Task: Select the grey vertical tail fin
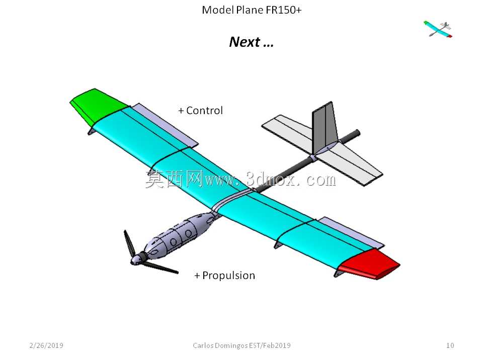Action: point(325,127)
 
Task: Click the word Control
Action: point(204,111)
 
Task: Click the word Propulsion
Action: point(228,276)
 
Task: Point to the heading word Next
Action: point(245,42)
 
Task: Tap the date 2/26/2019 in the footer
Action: point(46,345)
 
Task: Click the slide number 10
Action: point(450,345)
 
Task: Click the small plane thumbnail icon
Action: point(438,29)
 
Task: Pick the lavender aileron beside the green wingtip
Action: point(165,125)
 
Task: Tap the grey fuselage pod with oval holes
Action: point(181,233)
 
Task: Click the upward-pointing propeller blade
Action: point(129,243)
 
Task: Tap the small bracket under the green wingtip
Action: point(92,131)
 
